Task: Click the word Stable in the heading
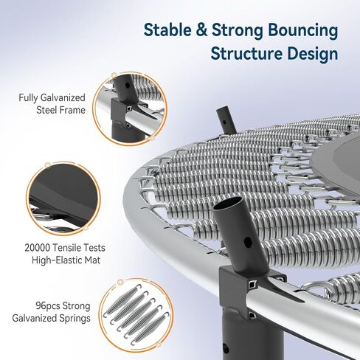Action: coord(167,30)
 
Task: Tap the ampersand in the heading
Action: coord(201,30)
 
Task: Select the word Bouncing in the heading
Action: coord(302,31)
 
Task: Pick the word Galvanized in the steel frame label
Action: coord(63,97)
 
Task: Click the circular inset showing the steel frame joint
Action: coord(130,108)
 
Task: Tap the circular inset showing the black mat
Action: coord(63,198)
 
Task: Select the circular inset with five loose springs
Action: coord(136,315)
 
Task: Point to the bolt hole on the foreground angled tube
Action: coord(248,241)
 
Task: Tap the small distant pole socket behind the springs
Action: coord(226,121)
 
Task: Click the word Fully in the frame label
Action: coord(28,98)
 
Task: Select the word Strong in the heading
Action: coord(237,31)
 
